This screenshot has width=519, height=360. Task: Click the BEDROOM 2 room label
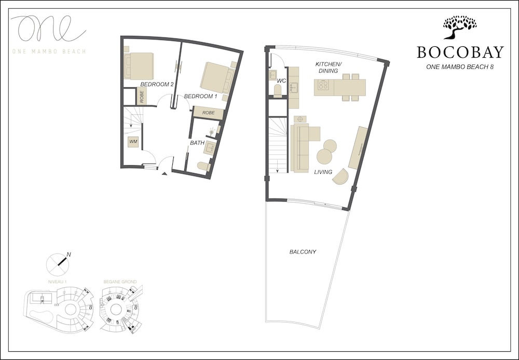pos(156,84)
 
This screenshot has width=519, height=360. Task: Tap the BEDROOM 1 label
pos(200,97)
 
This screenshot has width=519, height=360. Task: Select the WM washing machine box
pos(133,141)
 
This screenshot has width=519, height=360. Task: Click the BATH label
pos(197,142)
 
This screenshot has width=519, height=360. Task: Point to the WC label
pos(282,81)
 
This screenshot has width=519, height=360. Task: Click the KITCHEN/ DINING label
pos(328,67)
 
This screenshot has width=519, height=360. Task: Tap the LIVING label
pos(323,172)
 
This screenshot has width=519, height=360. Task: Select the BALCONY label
pos(303,252)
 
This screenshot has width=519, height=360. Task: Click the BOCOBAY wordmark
pos(460,52)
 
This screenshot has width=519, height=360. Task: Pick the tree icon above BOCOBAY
pos(459,27)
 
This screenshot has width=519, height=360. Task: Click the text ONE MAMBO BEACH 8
pos(459,66)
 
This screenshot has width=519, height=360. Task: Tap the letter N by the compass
pos(69,255)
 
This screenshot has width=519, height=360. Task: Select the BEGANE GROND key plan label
pos(120,282)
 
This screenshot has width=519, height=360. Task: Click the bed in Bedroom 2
pos(139,66)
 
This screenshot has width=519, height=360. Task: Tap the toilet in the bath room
pos(203,166)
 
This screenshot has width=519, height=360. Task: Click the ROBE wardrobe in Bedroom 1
pos(209,113)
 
